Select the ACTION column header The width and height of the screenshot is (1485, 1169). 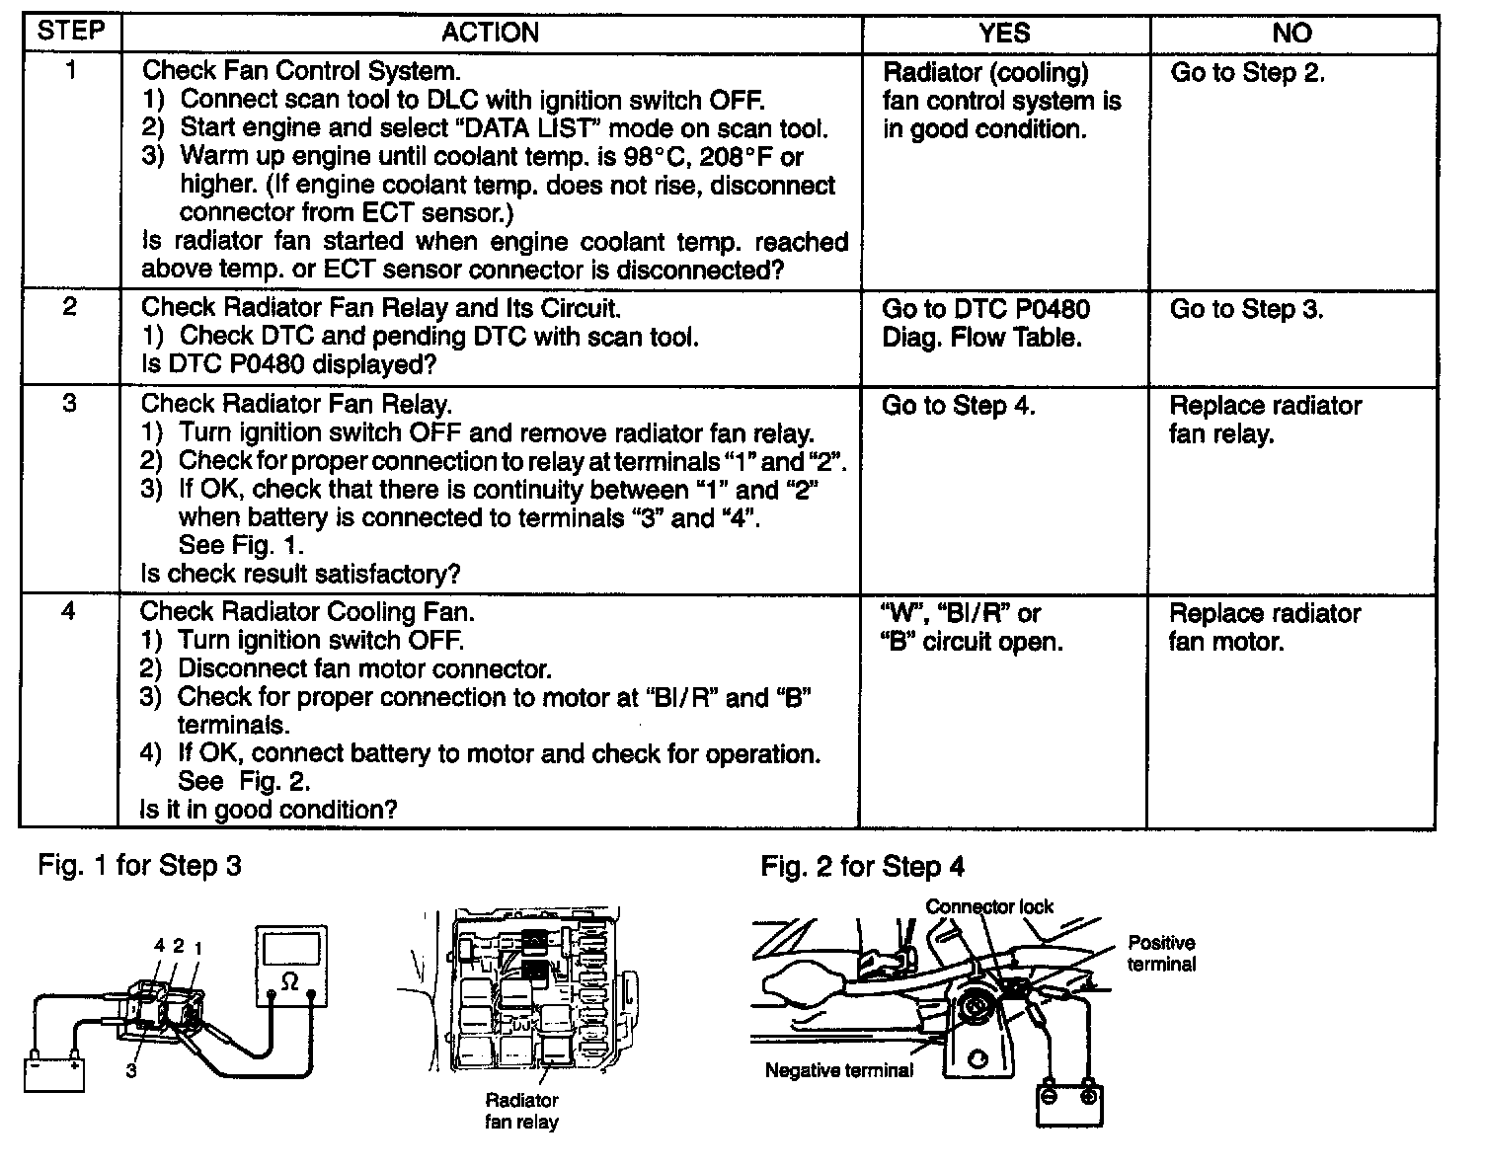point(490,33)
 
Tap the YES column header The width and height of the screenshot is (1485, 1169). point(1004,33)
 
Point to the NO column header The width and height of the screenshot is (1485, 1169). point(1291,33)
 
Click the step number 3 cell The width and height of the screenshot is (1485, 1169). point(69,404)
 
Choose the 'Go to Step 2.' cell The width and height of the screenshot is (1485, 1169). point(1247,72)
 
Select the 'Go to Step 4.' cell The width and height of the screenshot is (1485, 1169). point(958,406)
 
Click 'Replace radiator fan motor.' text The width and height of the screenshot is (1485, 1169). point(1265,627)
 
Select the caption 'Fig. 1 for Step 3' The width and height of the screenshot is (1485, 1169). point(139,866)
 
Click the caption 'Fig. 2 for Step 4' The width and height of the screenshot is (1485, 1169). point(862,867)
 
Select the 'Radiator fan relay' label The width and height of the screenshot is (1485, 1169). point(521,1111)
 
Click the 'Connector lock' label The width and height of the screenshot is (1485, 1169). point(989,906)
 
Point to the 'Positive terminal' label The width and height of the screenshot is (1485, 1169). point(1161,953)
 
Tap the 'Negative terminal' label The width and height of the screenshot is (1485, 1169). point(838,1070)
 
